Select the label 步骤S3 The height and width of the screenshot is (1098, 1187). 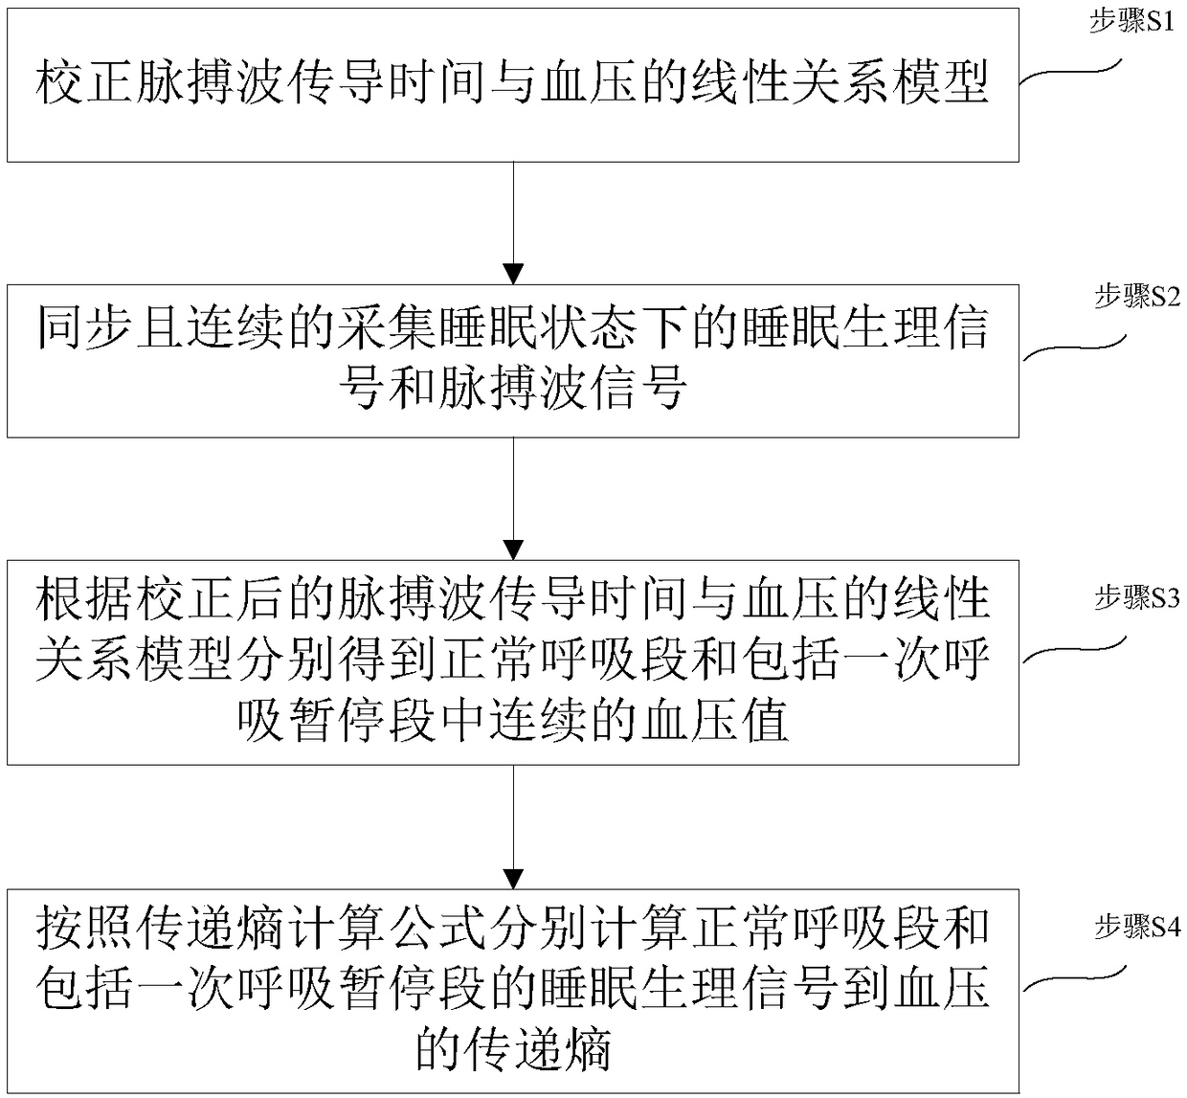(1137, 598)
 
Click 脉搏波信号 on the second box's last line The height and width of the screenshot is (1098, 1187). (552, 390)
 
